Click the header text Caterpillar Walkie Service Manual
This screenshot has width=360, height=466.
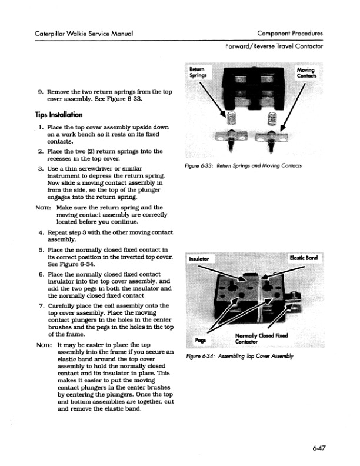[82, 34]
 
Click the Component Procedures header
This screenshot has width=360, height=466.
[289, 34]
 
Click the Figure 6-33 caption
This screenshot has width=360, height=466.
[243, 166]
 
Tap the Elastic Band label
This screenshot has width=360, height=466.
[303, 258]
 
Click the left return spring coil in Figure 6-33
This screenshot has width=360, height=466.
[231, 122]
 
